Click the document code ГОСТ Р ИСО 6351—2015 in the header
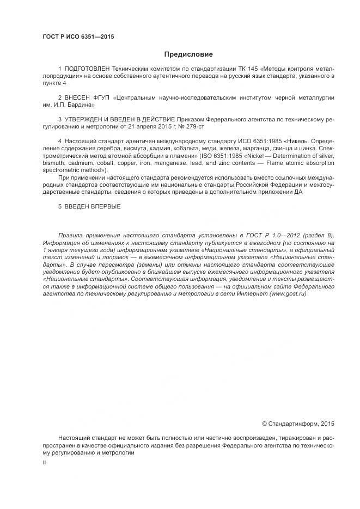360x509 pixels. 78,37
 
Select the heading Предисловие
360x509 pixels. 188,54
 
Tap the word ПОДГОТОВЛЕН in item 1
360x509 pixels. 87,70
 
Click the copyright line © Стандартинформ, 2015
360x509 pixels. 298,423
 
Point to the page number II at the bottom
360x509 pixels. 44,462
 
